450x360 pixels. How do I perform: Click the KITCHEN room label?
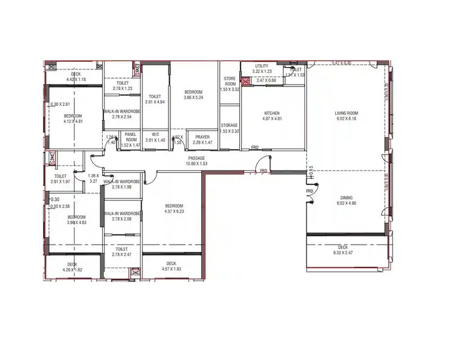coord(272,114)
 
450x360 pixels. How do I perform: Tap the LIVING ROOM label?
coord(347,113)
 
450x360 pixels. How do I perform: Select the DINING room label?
coord(346,198)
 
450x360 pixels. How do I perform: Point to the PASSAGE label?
coord(196,158)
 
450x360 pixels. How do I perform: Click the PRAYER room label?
coord(202,137)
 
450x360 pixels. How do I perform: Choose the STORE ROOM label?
coord(230,80)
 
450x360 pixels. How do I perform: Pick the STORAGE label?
coord(229,125)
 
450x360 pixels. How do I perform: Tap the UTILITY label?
coord(262,66)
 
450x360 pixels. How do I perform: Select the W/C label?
coord(155,134)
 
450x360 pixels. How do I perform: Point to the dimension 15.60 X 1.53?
coord(196,164)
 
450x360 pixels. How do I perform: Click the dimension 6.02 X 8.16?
coord(347,119)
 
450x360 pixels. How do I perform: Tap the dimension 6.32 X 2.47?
coord(342,252)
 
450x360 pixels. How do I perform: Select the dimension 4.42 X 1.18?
coord(76,79)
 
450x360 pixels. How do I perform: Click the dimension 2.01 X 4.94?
coord(155,102)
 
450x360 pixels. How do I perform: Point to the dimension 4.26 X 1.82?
coord(72,269)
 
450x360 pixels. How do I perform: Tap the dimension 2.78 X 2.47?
coord(122,254)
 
